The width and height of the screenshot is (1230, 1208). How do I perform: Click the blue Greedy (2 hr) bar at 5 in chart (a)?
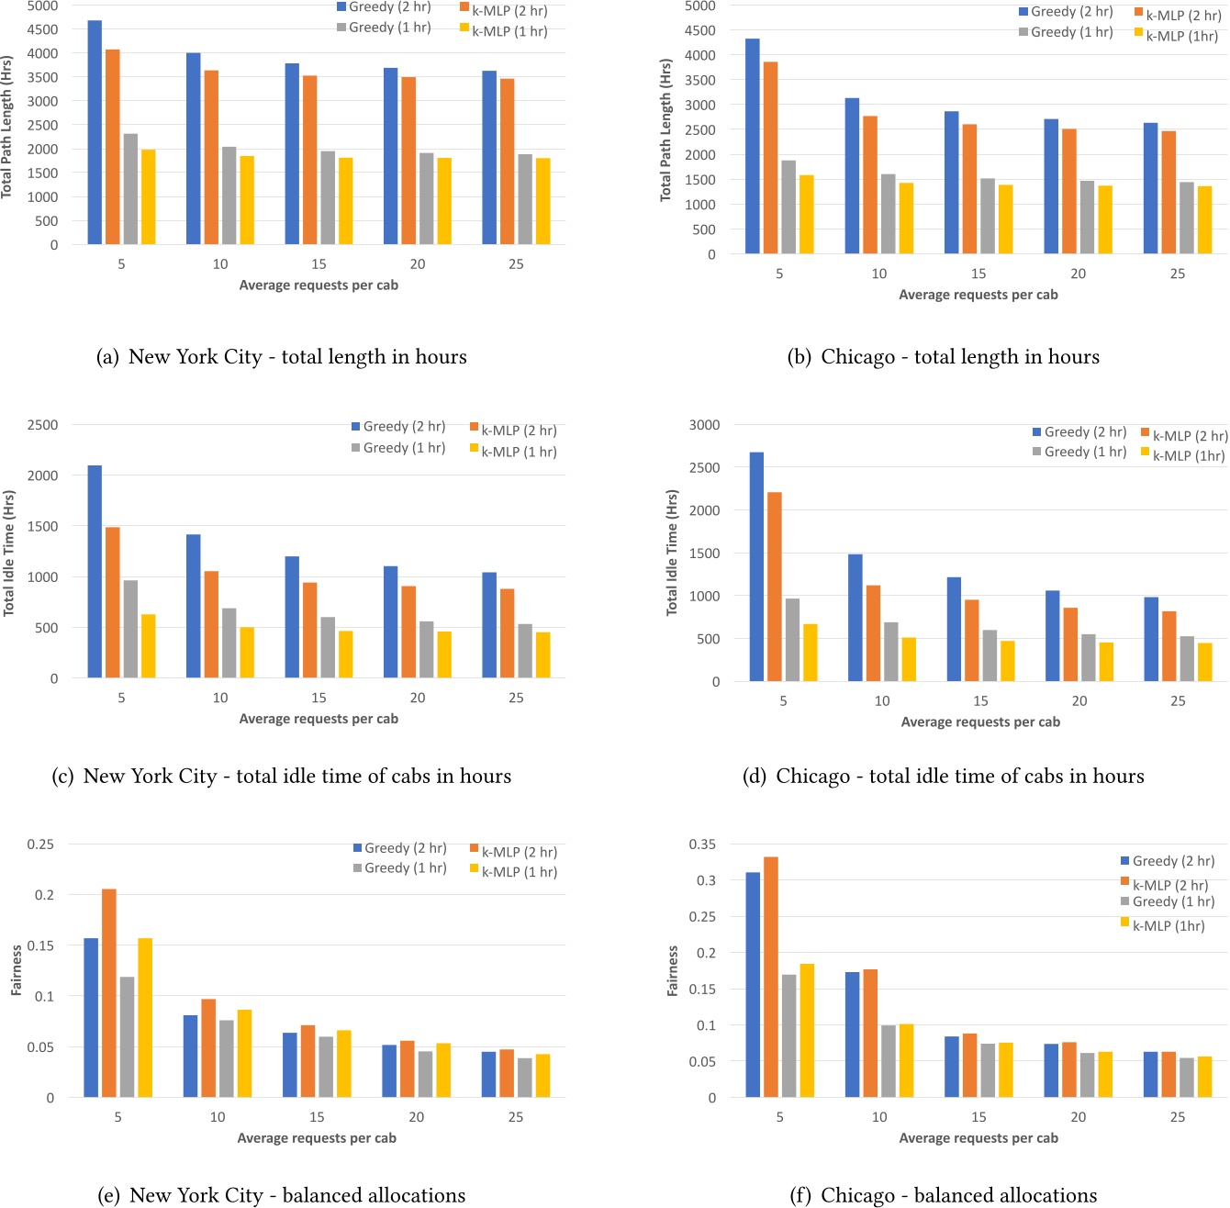pos(95,132)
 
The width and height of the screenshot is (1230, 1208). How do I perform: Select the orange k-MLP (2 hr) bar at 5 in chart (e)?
pos(109,993)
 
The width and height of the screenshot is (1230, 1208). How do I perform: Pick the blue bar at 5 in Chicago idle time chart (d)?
pos(756,566)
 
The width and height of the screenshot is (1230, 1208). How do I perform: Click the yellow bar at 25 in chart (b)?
pos(1204,219)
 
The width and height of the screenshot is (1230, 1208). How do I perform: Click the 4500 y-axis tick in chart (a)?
pos(42,29)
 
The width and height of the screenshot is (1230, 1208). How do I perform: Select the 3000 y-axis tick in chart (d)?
pos(705,425)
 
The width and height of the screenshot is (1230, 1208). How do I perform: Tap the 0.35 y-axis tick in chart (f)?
pos(702,844)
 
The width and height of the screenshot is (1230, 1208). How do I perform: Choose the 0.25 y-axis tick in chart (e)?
pos(40,844)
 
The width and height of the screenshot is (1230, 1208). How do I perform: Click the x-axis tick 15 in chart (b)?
pos(978,274)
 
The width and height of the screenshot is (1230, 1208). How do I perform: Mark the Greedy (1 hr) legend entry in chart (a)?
pos(384,28)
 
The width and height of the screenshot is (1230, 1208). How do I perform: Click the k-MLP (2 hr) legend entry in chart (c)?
pos(513,430)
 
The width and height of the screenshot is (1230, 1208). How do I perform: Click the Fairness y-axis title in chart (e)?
pos(17,970)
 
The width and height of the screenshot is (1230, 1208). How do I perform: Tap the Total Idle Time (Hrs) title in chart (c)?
pos(9,553)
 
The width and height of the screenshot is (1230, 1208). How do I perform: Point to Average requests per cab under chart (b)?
pos(978,295)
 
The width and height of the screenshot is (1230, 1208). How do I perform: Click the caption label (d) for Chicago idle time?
pos(755,777)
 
